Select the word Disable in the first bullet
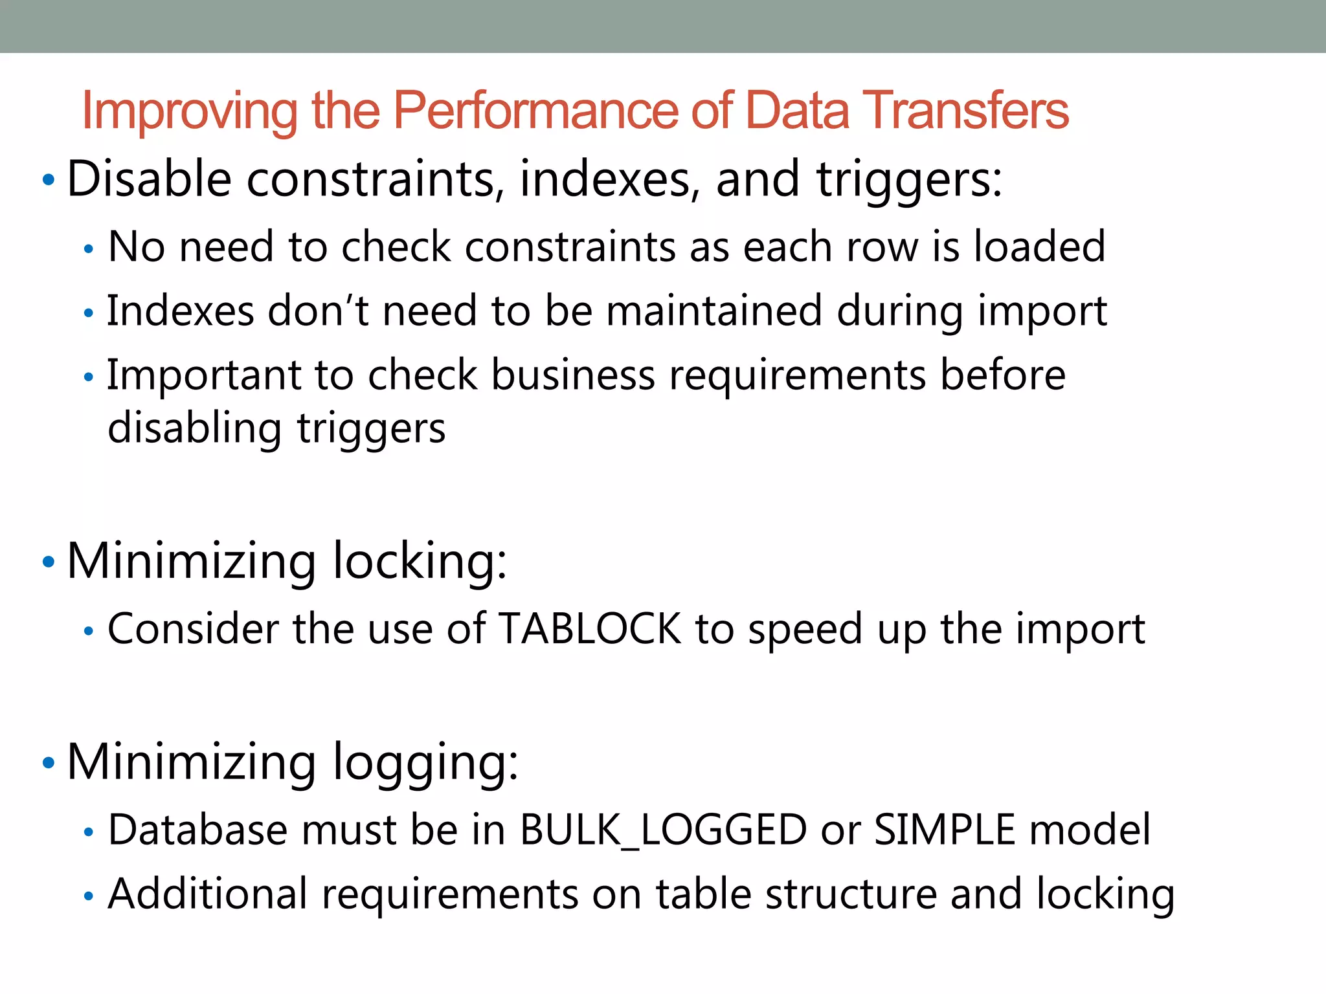[x=149, y=179]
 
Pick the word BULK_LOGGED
[x=663, y=830]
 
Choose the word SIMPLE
[x=945, y=830]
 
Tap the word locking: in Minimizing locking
[x=420, y=560]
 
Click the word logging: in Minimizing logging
[x=425, y=762]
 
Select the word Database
[x=197, y=830]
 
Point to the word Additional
[x=207, y=894]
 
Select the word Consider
[x=193, y=628]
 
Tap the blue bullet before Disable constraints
[x=48, y=180]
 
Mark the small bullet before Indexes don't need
[x=89, y=314]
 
